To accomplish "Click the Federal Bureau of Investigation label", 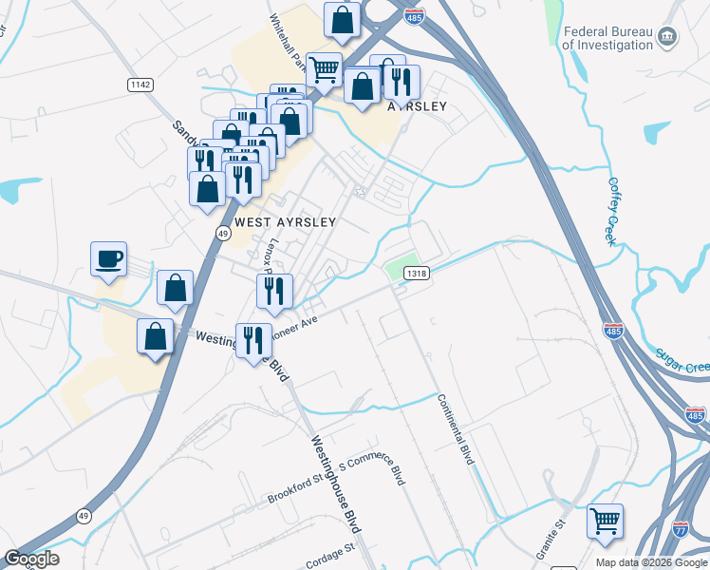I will coord(608,37).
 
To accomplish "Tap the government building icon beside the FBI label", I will coord(668,37).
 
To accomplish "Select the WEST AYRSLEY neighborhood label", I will coord(286,221).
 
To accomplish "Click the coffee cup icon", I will coord(108,259).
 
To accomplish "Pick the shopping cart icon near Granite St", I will coord(605,522).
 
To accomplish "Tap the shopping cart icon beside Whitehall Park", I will coord(325,68).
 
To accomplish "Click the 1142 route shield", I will coord(140,85).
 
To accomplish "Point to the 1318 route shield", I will coord(415,273).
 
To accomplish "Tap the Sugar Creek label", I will coord(685,359).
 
